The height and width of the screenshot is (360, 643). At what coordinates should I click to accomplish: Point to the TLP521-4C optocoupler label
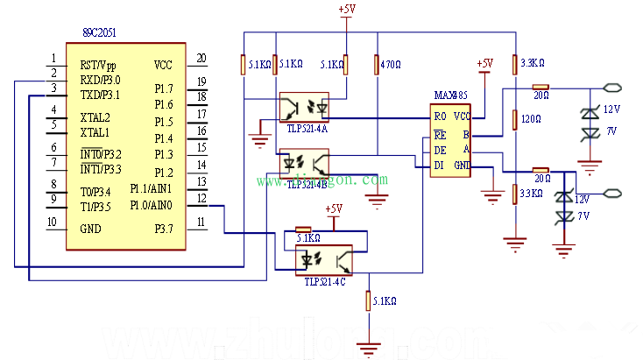(x=326, y=282)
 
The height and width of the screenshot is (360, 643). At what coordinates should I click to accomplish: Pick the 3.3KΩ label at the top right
(x=532, y=63)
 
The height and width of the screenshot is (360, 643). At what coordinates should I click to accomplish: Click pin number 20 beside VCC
(x=201, y=59)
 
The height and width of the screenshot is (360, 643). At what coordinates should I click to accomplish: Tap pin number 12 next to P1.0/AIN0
(x=201, y=199)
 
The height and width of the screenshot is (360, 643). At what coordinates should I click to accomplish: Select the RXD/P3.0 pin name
(x=101, y=80)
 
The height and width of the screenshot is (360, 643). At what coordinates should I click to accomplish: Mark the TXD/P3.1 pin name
(x=101, y=95)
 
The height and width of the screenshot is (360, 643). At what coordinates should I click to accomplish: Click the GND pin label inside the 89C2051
(x=92, y=229)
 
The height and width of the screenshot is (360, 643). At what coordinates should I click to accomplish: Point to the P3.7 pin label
(x=165, y=229)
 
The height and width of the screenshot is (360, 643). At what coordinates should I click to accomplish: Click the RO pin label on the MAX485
(x=441, y=115)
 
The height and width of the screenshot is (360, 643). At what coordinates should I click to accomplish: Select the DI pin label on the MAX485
(x=440, y=164)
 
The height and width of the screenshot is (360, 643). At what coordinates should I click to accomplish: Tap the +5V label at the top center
(x=346, y=10)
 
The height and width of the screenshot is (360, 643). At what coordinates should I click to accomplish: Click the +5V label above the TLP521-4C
(x=334, y=209)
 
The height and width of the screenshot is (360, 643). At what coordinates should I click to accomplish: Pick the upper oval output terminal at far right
(x=612, y=88)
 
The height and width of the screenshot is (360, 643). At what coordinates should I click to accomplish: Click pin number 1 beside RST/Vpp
(x=54, y=59)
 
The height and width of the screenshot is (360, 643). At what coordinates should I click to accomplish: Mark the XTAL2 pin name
(x=95, y=117)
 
